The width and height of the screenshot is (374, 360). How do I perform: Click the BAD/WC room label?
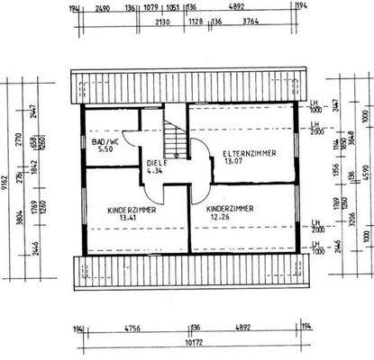[106, 141]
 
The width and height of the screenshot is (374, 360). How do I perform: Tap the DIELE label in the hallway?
[158, 163]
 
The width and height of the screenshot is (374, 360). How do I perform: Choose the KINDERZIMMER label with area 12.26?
[229, 208]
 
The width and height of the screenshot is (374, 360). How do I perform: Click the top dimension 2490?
[101, 8]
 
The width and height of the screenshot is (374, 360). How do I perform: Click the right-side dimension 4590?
[365, 172]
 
